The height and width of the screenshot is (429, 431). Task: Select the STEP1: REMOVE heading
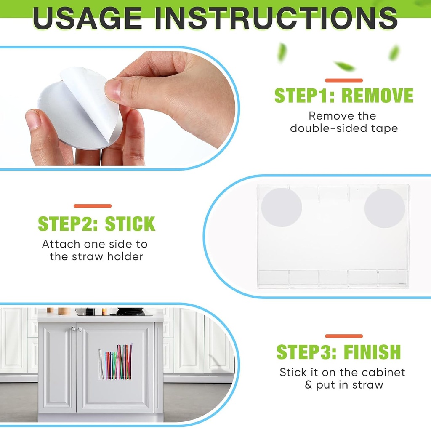343,96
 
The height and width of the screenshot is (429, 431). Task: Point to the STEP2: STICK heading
96,224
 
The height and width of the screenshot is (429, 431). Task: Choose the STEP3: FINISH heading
338,352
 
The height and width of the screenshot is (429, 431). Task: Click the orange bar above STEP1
343,80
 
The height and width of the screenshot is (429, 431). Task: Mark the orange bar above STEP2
93,206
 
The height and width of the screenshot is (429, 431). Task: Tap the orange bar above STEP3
343,336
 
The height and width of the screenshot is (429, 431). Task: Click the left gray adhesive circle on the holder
281,208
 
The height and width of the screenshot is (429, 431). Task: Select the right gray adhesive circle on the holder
384,208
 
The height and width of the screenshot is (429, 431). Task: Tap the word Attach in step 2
61,244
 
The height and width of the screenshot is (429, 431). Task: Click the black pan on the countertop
130,312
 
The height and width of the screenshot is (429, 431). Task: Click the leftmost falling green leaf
282,53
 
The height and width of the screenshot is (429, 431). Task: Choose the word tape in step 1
384,128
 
